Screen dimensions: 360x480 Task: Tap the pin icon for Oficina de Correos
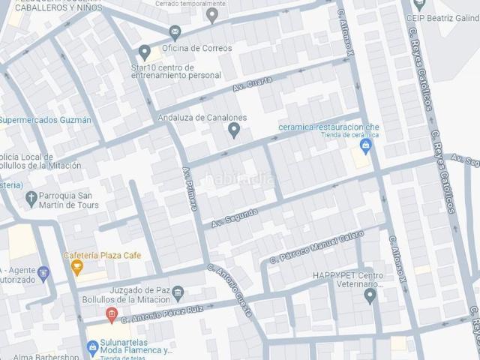(175, 31)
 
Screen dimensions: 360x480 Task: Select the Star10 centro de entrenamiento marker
(145, 52)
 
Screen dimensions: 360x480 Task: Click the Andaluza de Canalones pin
(234, 131)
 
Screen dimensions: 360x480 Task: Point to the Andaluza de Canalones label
(202, 118)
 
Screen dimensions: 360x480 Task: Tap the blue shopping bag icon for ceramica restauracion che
(366, 145)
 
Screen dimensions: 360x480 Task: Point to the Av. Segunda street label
(235, 217)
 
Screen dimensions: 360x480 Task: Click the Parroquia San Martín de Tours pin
(31, 199)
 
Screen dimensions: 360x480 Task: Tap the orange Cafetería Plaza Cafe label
(102, 255)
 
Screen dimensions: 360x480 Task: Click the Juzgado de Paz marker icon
(177, 291)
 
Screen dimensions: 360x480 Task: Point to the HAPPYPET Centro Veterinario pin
(370, 295)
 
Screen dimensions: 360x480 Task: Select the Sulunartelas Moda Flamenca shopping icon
(92, 346)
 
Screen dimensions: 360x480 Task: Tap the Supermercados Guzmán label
(46, 120)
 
